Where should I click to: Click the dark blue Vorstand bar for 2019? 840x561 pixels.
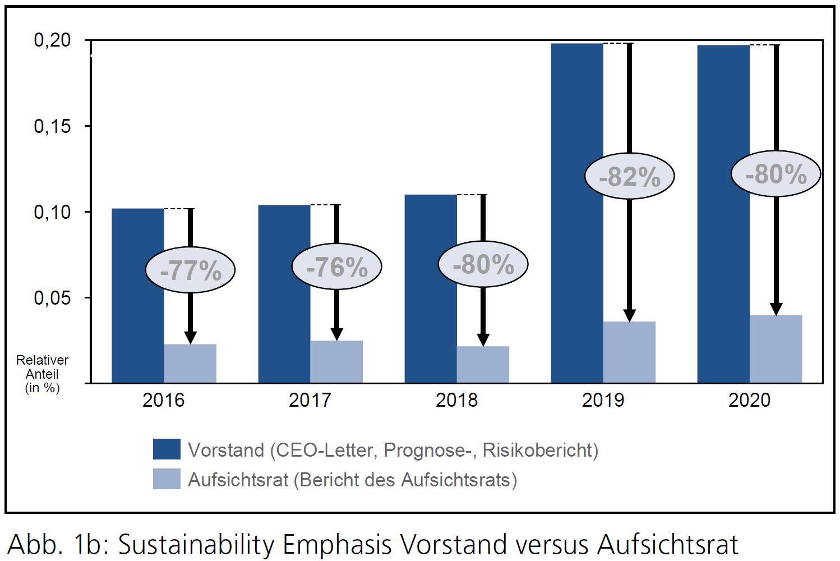point(576,213)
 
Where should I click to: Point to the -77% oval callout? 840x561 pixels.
point(190,270)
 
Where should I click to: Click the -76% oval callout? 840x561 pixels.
point(336,266)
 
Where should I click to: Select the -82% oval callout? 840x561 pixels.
point(629,176)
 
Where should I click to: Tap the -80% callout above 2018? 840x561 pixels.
point(483,264)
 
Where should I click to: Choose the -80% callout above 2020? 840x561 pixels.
point(776,174)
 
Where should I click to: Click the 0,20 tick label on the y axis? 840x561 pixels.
point(52,40)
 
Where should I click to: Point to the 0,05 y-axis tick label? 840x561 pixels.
point(52,298)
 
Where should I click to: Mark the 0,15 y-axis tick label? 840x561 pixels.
point(52,126)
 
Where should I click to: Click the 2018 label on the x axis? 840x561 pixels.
point(456,400)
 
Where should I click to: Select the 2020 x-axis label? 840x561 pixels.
point(749,400)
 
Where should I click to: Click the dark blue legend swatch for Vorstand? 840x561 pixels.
point(167,449)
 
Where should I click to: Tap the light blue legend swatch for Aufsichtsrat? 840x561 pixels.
point(167,479)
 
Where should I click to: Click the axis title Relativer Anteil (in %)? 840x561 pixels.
point(42,374)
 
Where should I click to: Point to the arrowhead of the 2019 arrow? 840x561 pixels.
point(629,315)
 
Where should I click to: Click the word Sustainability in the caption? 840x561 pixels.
point(196,544)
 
